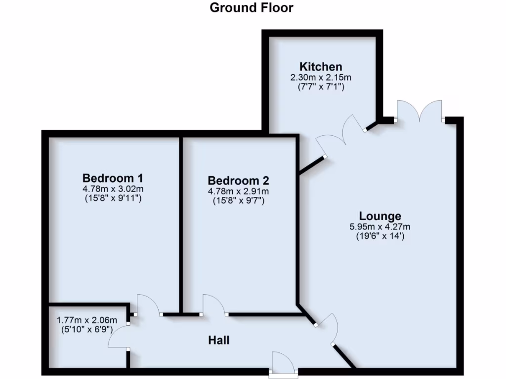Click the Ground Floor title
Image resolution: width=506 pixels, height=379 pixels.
(252, 8)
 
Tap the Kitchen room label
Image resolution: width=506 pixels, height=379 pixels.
(321, 67)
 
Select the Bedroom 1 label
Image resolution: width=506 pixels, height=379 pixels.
(113, 178)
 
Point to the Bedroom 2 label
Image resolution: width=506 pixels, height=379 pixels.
(238, 181)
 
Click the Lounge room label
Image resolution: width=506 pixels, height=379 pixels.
(380, 216)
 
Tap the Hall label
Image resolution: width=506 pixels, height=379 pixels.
(218, 340)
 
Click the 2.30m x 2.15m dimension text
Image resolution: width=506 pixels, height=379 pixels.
(321, 77)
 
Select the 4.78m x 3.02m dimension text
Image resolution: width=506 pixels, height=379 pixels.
(113, 189)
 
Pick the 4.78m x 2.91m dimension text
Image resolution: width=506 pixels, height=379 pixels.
(238, 191)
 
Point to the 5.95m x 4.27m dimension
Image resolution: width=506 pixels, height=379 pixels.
(380, 227)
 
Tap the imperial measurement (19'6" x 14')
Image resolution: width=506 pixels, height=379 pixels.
(380, 236)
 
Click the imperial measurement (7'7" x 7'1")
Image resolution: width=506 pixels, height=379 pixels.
(321, 87)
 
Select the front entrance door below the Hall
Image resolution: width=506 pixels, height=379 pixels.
(283, 363)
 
